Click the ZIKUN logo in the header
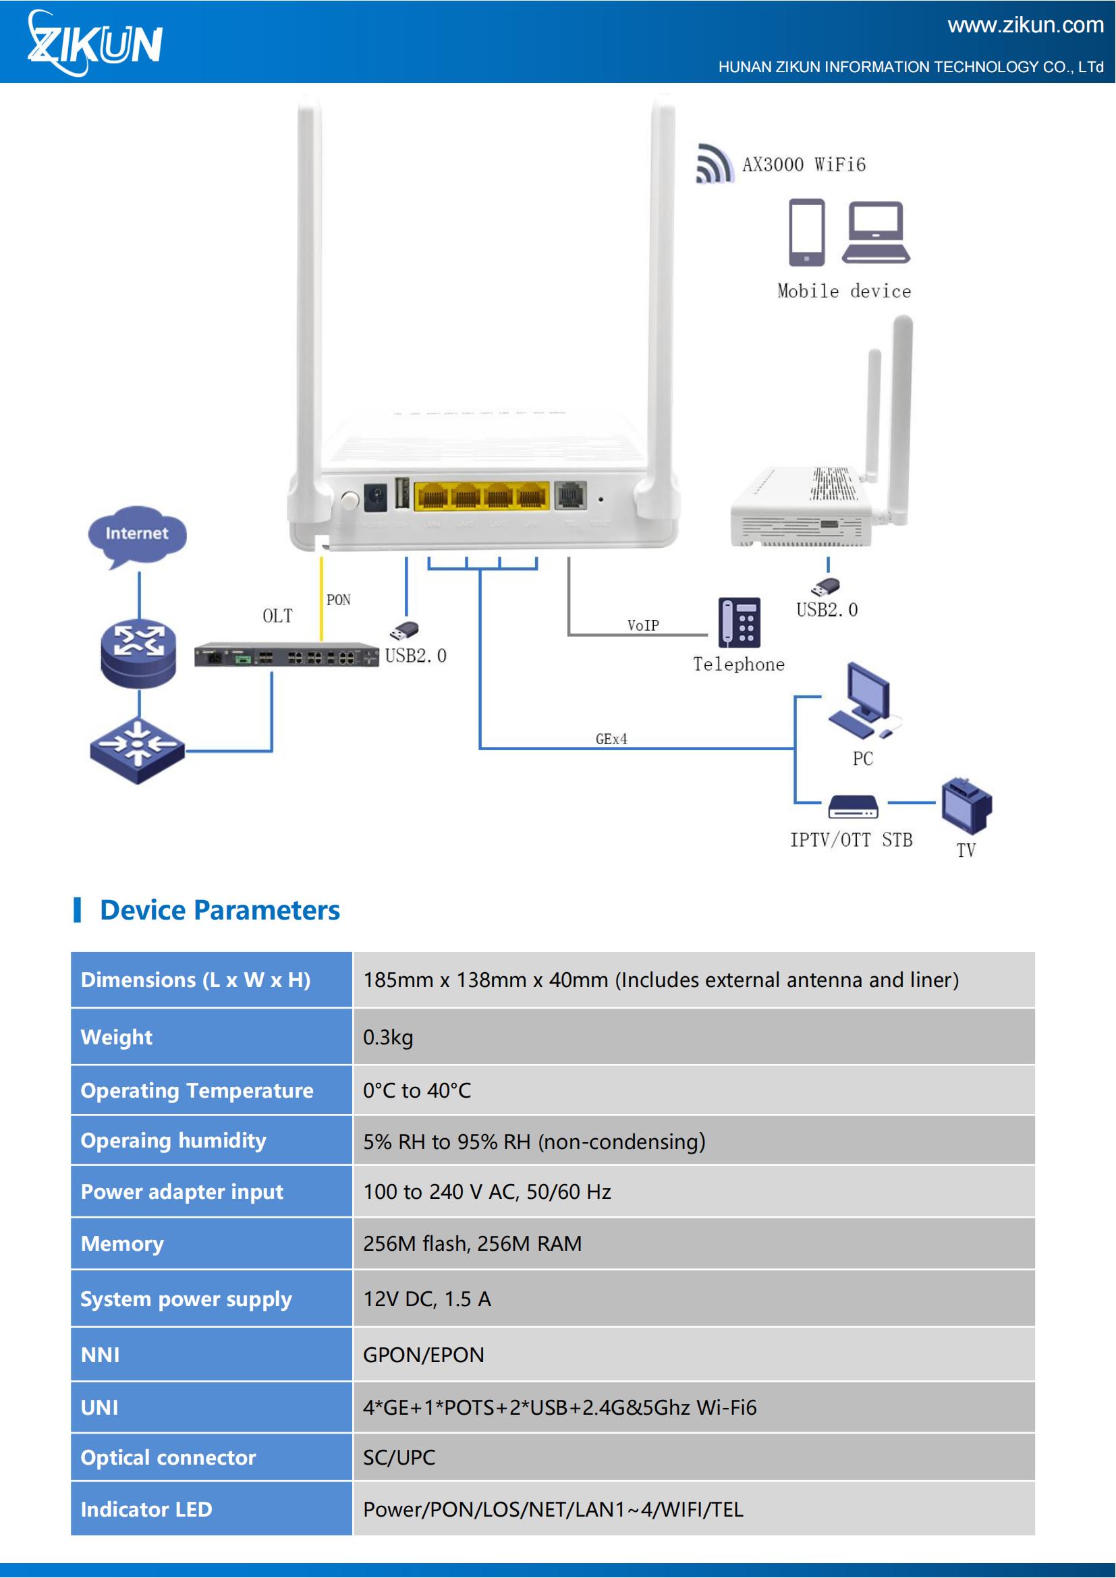click(x=95, y=43)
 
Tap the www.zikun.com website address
click(x=1026, y=26)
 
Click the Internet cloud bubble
click(x=138, y=536)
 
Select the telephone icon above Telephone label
click(x=740, y=623)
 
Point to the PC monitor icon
click(x=864, y=700)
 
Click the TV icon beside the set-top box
click(x=966, y=806)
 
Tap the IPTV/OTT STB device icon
click(x=853, y=807)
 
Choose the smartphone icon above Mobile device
click(x=807, y=232)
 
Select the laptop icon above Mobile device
click(x=876, y=232)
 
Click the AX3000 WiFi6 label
click(x=804, y=165)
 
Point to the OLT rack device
click(x=287, y=656)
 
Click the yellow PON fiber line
click(x=321, y=598)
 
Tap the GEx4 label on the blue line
click(x=611, y=739)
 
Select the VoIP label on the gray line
click(x=642, y=625)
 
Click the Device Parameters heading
click(x=220, y=910)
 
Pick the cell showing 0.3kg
click(x=694, y=1036)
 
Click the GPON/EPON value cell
click(x=694, y=1354)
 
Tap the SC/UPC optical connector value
click(x=399, y=1457)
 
